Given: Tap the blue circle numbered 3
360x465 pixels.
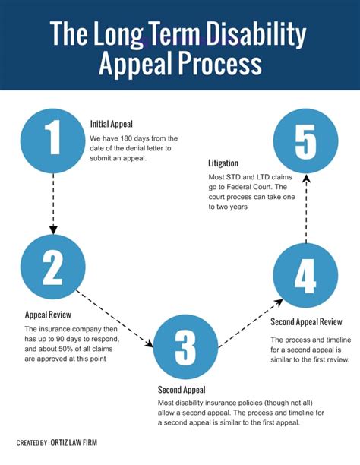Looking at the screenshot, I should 185,347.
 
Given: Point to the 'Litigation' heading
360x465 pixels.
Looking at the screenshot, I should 223,163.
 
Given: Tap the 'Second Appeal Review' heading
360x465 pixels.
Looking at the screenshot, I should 306,321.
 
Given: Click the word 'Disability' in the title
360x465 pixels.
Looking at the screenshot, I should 257,34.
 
